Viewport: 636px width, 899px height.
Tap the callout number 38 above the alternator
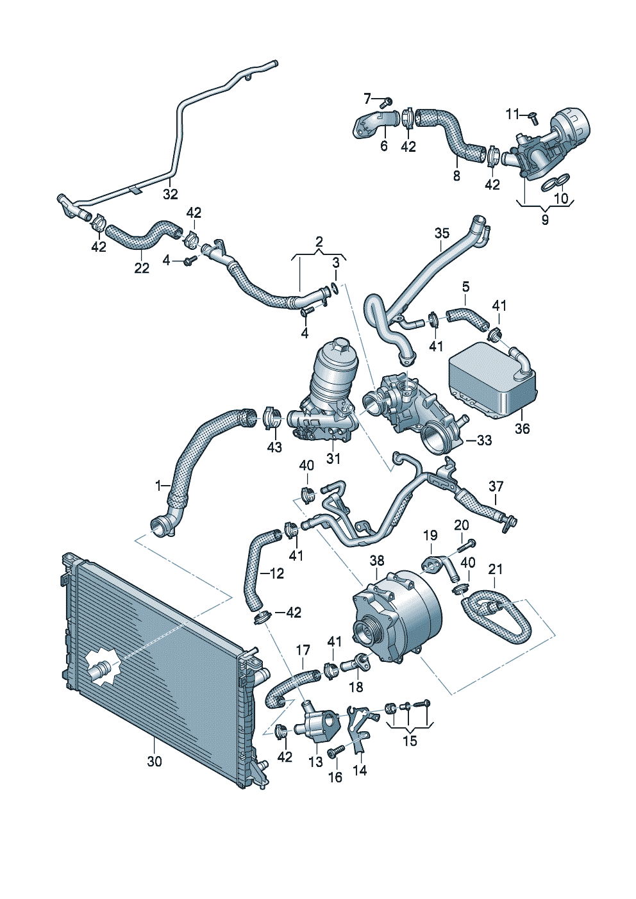coord(377,560)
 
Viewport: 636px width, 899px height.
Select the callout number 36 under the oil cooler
coord(522,428)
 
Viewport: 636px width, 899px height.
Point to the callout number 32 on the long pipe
coord(171,194)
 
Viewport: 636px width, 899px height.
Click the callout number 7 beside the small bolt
coord(368,98)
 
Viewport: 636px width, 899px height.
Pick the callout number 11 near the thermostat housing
coord(512,115)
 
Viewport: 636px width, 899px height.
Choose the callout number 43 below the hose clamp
coord(274,447)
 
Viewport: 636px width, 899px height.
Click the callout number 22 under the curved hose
coord(142,268)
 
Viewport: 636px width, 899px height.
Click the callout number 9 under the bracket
coord(545,220)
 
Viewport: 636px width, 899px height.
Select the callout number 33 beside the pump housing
coord(484,440)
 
